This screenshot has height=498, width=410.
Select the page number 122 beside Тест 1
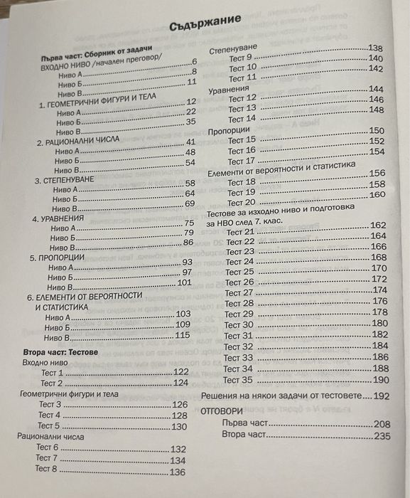pyautogui.click(x=180, y=372)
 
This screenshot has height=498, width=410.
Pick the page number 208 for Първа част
pyautogui.click(x=383, y=424)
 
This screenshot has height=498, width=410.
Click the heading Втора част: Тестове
pyautogui.click(x=55, y=352)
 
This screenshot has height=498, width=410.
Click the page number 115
pyautogui.click(x=183, y=336)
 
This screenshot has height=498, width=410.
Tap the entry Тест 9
pyautogui.click(x=240, y=57)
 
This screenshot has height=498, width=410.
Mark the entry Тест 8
pyautogui.click(x=46, y=469)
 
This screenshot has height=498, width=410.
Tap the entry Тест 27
pyautogui.click(x=239, y=292)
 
